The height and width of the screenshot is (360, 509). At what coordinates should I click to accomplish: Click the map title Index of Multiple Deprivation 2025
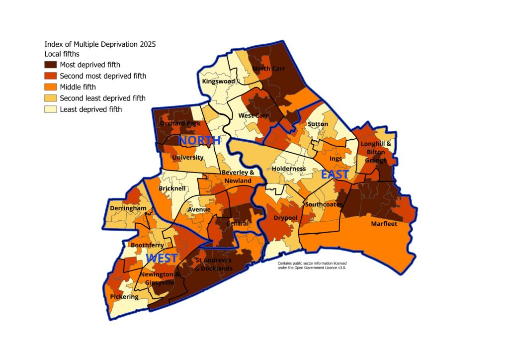tap(100, 44)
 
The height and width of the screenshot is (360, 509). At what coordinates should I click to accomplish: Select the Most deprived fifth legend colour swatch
tap(50, 65)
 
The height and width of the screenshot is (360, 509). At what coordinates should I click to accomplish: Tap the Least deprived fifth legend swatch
tap(50, 109)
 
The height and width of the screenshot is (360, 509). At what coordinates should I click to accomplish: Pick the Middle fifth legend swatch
tap(50, 87)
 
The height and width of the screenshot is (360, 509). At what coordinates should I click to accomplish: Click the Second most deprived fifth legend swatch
tap(50, 76)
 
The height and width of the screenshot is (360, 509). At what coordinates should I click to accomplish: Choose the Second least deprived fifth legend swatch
tap(50, 98)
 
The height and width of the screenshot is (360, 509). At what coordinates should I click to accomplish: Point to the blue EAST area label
tap(335, 175)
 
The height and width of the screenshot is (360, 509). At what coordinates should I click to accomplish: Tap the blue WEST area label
tap(162, 259)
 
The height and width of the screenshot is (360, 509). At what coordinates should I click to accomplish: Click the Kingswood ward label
tap(218, 81)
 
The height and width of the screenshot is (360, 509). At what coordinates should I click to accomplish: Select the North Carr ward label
tap(268, 69)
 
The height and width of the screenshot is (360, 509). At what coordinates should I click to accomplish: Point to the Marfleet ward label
tap(384, 224)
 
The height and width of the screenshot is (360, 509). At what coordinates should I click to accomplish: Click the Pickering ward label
tap(124, 297)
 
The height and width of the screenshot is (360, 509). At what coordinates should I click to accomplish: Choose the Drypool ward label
tap(285, 218)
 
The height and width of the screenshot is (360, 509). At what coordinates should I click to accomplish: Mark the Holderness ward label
tap(289, 169)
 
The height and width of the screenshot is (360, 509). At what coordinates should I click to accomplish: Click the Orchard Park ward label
tap(179, 123)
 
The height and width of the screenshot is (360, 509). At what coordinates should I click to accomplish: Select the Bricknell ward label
tap(172, 189)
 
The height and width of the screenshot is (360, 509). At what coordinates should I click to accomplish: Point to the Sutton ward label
tap(318, 123)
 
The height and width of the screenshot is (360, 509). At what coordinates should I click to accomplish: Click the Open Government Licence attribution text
tap(312, 265)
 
